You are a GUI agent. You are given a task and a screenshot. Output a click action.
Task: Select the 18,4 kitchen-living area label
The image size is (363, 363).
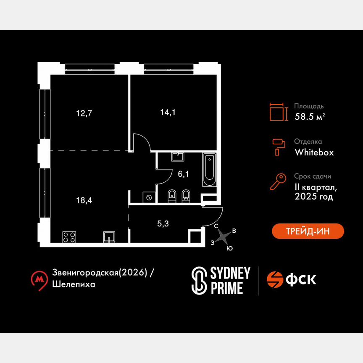pos(84,200)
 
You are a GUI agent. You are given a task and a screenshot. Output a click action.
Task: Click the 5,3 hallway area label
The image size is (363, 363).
pos(163,224)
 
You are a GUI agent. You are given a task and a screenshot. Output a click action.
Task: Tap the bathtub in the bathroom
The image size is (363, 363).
pos(209,170)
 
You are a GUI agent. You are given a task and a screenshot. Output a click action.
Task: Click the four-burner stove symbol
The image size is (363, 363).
pos(69,237)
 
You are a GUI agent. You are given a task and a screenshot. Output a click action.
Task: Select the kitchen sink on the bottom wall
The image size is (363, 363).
pos(109,237)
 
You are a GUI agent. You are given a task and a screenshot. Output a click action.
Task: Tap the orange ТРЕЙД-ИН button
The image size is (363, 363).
pos(308,231)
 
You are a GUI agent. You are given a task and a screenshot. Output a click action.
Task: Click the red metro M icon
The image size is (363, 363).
pos(40,279)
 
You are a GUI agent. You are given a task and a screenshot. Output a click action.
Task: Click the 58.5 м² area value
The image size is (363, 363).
pos(309,117)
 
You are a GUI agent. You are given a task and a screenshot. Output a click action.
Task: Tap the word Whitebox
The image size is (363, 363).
pos(314,153)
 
